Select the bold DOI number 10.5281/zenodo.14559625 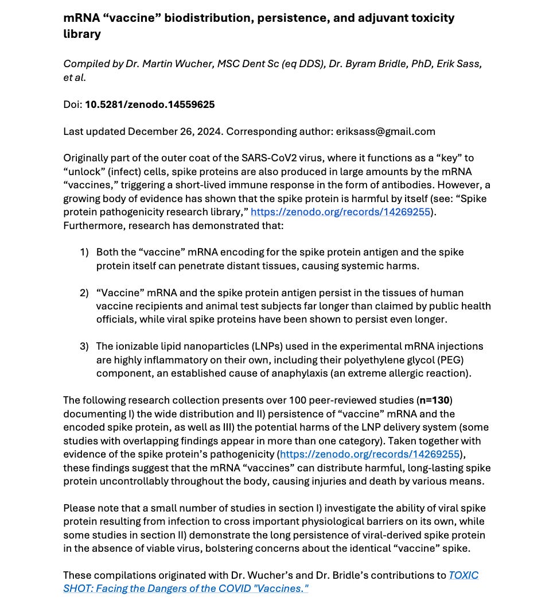pos(150,104)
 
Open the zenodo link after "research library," pos(340,212)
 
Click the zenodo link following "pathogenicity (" pos(370,454)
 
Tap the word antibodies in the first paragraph pos(399,185)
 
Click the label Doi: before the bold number pos(73,104)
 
